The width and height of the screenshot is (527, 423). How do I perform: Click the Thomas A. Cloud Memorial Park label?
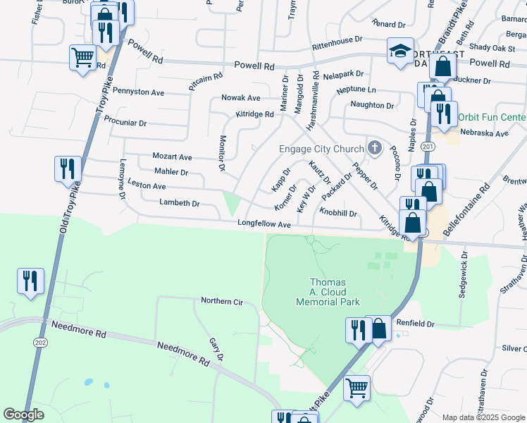(x=335, y=292)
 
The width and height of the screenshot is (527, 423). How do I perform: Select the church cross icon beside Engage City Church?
(x=376, y=148)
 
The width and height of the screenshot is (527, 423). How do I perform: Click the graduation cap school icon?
(x=401, y=51)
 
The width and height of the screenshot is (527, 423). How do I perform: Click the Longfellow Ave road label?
(x=264, y=224)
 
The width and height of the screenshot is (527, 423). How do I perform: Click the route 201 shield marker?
(x=427, y=146)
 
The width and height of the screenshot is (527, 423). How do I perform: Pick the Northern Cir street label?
(x=221, y=302)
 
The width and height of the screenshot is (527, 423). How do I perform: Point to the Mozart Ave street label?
(x=173, y=157)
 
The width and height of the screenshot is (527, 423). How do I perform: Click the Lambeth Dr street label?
(x=180, y=203)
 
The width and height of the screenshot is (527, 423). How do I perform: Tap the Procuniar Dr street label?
(x=125, y=123)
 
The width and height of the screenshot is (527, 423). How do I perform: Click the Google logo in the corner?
(x=23, y=415)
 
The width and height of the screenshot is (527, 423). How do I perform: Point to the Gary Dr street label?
(x=216, y=349)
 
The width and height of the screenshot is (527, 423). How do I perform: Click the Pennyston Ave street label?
(x=138, y=92)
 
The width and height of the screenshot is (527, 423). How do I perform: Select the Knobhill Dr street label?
(x=339, y=213)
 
